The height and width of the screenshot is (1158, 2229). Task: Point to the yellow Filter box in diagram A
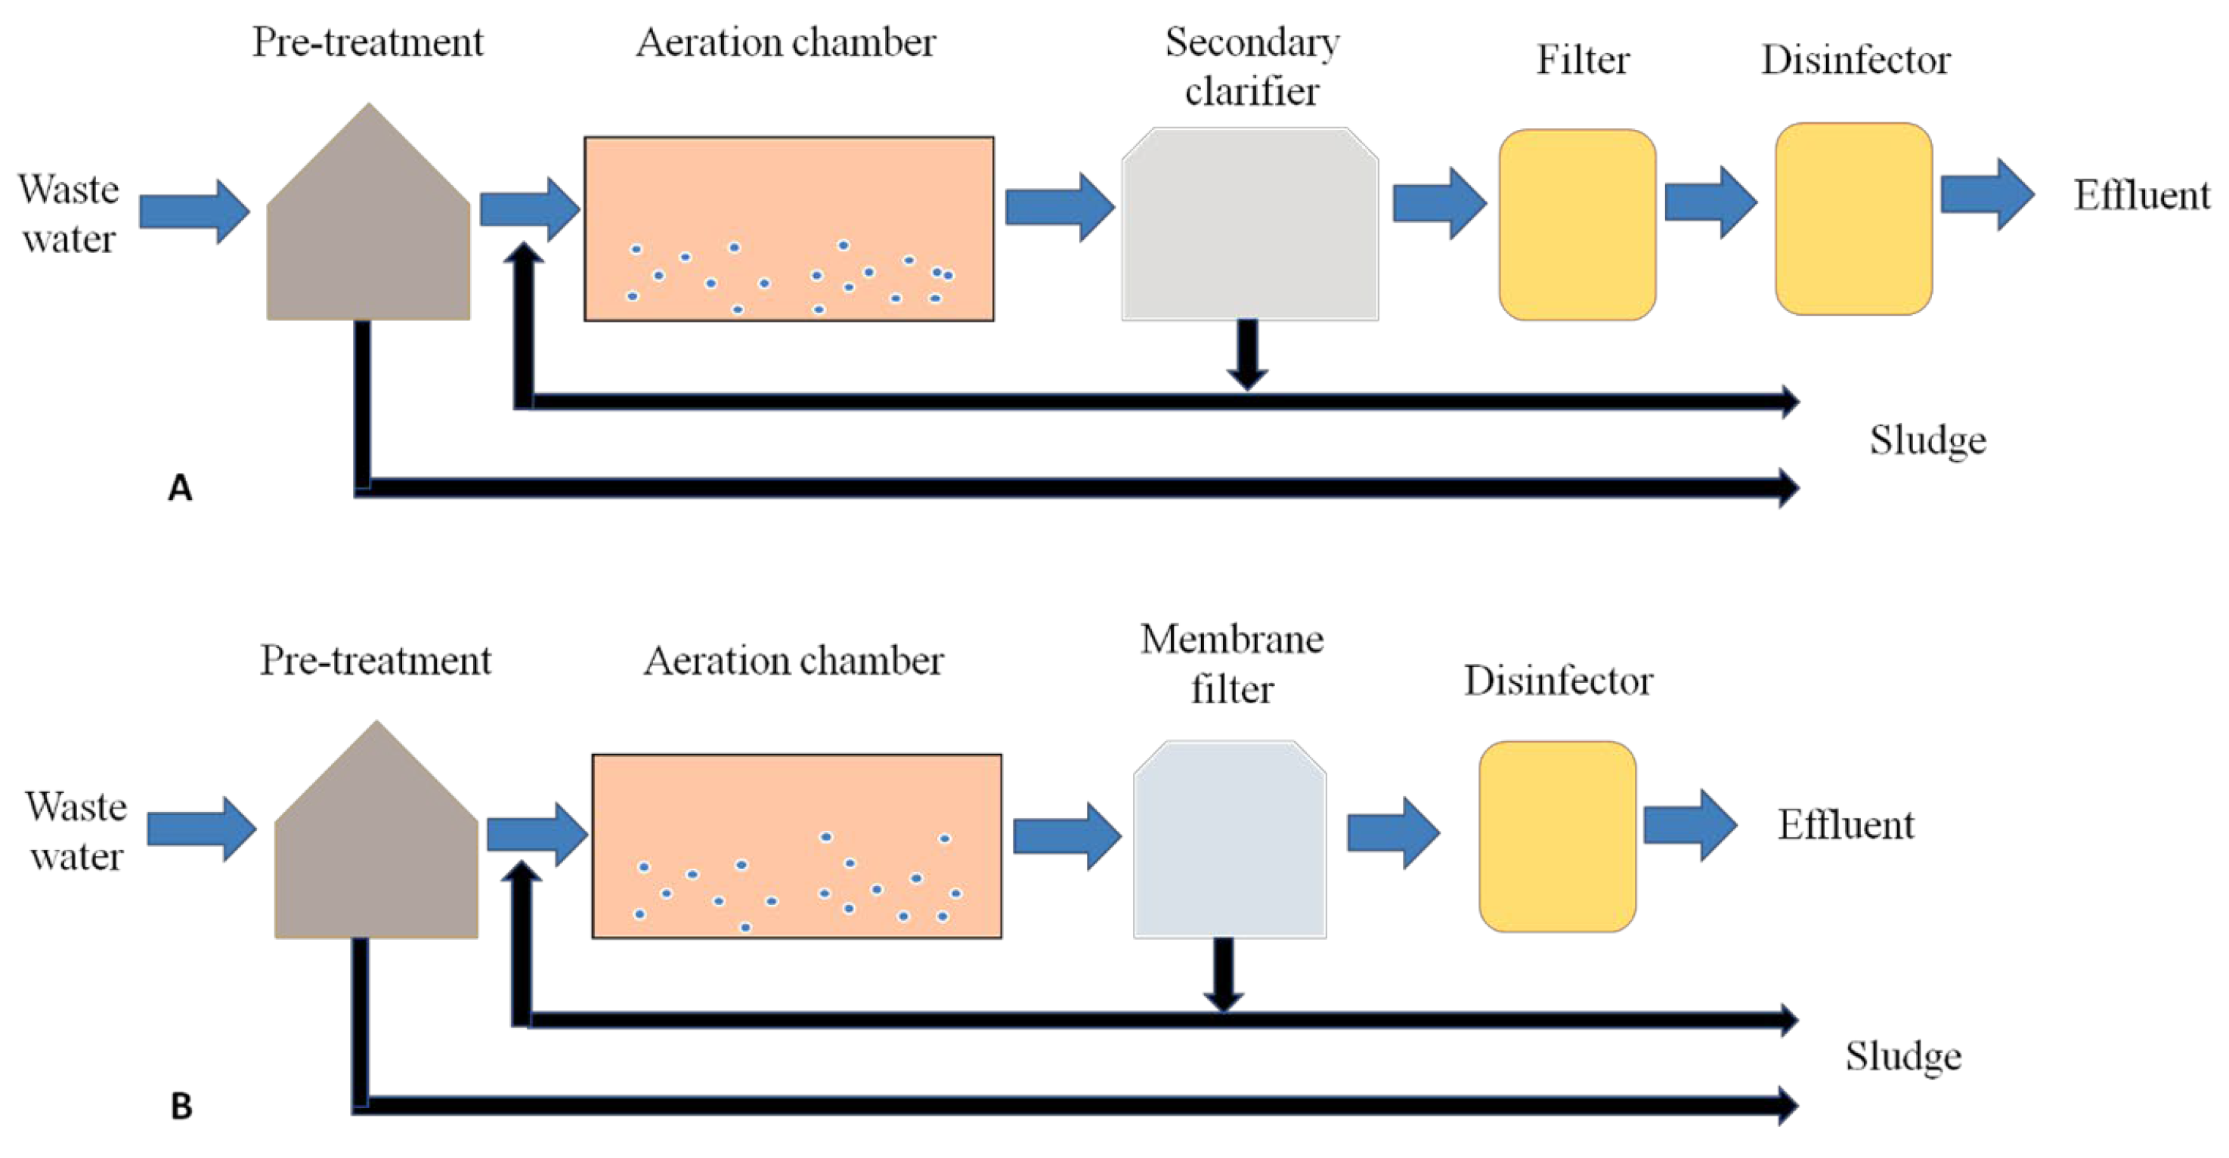point(1577,225)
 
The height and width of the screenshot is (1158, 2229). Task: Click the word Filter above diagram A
point(1582,60)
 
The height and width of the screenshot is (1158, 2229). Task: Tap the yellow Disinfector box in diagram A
point(1853,220)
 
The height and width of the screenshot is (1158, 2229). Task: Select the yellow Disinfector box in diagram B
point(1556,836)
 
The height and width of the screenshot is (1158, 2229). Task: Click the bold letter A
point(179,489)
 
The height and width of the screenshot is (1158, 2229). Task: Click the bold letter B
point(181,1106)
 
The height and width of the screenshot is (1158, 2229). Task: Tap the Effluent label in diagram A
point(2141,196)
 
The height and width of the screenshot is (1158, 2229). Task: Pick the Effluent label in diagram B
point(1845,825)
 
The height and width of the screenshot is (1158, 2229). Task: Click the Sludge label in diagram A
point(1927,440)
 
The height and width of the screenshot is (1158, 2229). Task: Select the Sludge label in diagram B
point(1902,1056)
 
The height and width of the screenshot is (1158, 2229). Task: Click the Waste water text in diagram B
point(76,831)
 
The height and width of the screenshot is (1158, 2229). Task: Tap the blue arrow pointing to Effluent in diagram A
point(1986,195)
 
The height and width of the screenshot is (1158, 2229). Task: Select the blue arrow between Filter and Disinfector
point(1710,202)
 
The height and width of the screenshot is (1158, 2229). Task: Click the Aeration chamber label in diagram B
point(793,661)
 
